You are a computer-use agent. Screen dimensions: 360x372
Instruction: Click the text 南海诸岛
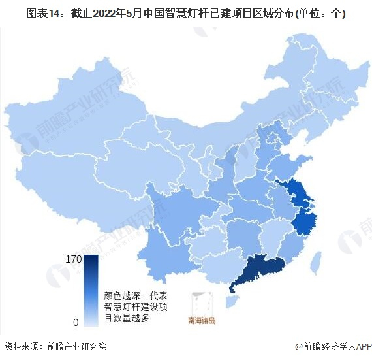pyautogui.click(x=201, y=321)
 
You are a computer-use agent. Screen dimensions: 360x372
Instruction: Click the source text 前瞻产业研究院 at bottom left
pyautogui.click(x=76, y=346)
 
